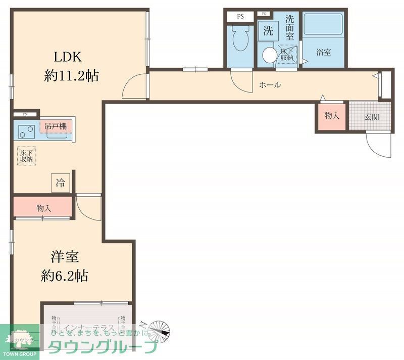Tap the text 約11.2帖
click(71, 76)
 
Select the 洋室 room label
click(64, 256)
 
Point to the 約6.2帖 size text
click(64, 276)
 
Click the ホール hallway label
click(270, 85)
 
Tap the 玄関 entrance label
click(371, 117)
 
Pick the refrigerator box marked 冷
click(60, 183)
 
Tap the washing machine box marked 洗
click(268, 30)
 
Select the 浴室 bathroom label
click(323, 52)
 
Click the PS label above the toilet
click(240, 16)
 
